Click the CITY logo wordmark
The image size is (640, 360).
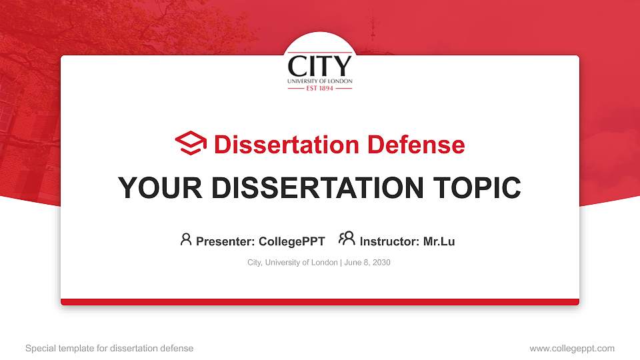319,66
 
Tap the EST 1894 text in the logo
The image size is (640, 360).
319,88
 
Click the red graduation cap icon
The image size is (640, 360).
191,143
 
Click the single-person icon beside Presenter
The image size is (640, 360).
186,239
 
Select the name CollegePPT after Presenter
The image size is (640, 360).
291,241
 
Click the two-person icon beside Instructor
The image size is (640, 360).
347,239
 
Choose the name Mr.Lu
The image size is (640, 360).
439,241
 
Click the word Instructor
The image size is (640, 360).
389,241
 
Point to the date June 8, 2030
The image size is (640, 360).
367,263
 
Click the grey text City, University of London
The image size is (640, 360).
292,263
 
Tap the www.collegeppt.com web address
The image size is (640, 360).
571,348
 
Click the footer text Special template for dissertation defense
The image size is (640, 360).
109,348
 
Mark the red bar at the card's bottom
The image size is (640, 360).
320,302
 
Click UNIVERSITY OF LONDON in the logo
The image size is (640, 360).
319,81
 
